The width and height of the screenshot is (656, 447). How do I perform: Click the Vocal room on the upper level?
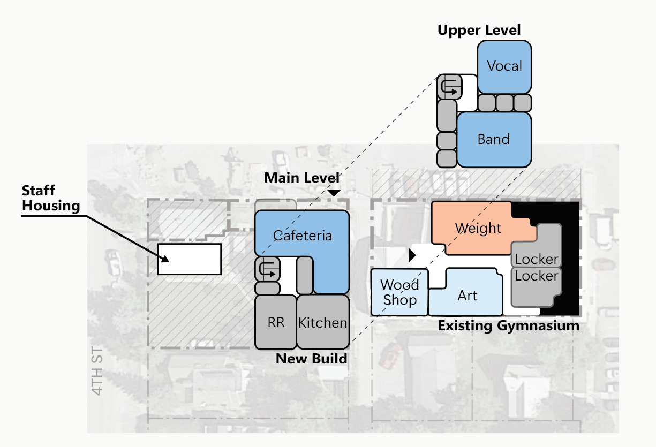(504, 66)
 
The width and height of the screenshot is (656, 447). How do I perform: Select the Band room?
(493, 139)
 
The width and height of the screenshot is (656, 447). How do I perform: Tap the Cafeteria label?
(303, 236)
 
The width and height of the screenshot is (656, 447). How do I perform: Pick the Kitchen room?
(323, 322)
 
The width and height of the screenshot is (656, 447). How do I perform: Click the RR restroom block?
(276, 322)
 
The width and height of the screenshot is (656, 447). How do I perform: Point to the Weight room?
(478, 228)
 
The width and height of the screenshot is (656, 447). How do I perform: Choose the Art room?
(467, 296)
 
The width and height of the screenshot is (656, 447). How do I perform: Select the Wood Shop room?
(399, 292)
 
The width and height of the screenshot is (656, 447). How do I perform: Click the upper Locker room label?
(537, 259)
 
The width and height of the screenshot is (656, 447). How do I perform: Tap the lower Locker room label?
(537, 276)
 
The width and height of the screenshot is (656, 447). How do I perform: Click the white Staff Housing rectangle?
(189, 259)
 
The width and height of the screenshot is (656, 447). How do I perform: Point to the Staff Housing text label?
(50, 198)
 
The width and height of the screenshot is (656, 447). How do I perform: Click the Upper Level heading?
(479, 30)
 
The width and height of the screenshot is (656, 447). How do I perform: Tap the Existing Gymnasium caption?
(508, 325)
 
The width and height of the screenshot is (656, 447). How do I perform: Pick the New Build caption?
(311, 358)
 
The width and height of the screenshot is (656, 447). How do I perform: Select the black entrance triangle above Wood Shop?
(412, 255)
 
